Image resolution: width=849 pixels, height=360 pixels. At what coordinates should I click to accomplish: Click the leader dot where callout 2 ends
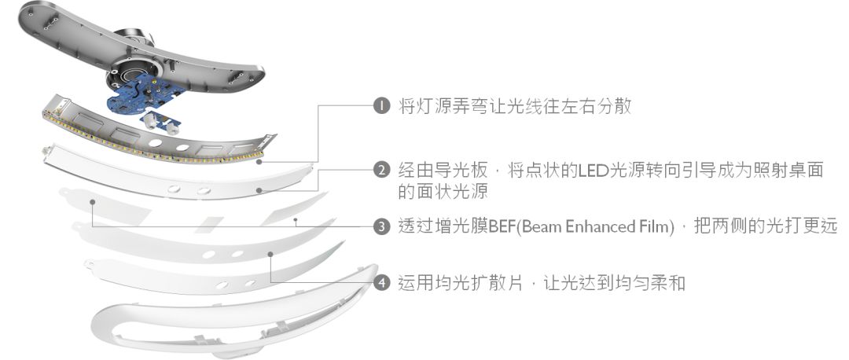click(259, 190)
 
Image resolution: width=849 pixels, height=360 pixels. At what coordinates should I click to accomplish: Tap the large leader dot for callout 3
click(93, 202)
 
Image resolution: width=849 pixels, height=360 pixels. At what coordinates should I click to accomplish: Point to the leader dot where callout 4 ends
click(270, 254)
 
